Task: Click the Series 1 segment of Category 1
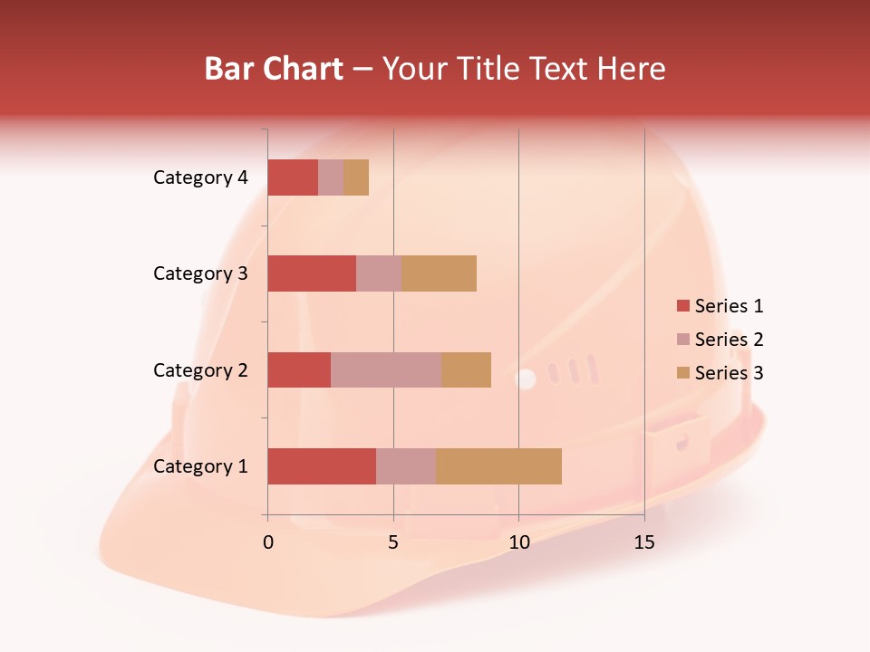322,466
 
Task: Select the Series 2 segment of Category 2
386,369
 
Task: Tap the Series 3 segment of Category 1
498,466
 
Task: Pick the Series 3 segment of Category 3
439,273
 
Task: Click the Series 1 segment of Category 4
293,177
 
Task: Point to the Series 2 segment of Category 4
331,177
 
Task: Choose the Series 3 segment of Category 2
466,369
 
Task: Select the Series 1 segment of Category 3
312,273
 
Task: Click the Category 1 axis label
200,466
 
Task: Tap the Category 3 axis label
200,273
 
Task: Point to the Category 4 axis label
200,177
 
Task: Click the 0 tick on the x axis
268,542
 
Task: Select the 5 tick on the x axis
393,542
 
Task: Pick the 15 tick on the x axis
643,542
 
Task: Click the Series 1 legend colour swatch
682,306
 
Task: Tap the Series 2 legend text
729,340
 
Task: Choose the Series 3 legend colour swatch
682,373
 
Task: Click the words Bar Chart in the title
274,68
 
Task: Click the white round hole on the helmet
526,379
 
